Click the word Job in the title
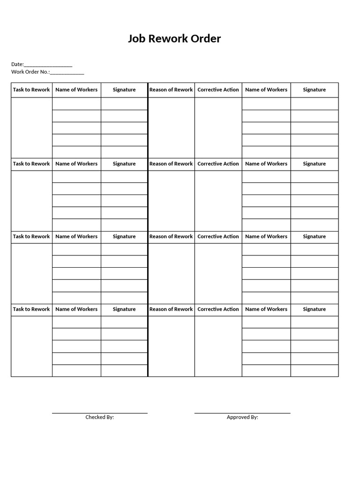[x=137, y=39]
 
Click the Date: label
[x=17, y=64]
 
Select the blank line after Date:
[x=48, y=66]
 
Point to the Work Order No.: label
[x=30, y=72]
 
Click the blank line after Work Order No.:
[x=67, y=73]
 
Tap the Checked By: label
[x=99, y=417]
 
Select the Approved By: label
[x=242, y=417]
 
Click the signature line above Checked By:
[x=99, y=412]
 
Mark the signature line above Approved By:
[x=242, y=412]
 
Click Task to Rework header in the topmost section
[x=31, y=90]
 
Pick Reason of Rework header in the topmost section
[x=171, y=90]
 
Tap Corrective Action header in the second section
[x=218, y=164]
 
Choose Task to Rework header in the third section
[x=31, y=236]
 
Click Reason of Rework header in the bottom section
[x=171, y=309]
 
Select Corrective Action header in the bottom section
[x=218, y=309]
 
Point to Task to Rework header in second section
[x=31, y=164]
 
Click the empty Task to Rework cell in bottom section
[x=31, y=346]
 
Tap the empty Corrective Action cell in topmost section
[x=218, y=127]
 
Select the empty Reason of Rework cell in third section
[x=171, y=273]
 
